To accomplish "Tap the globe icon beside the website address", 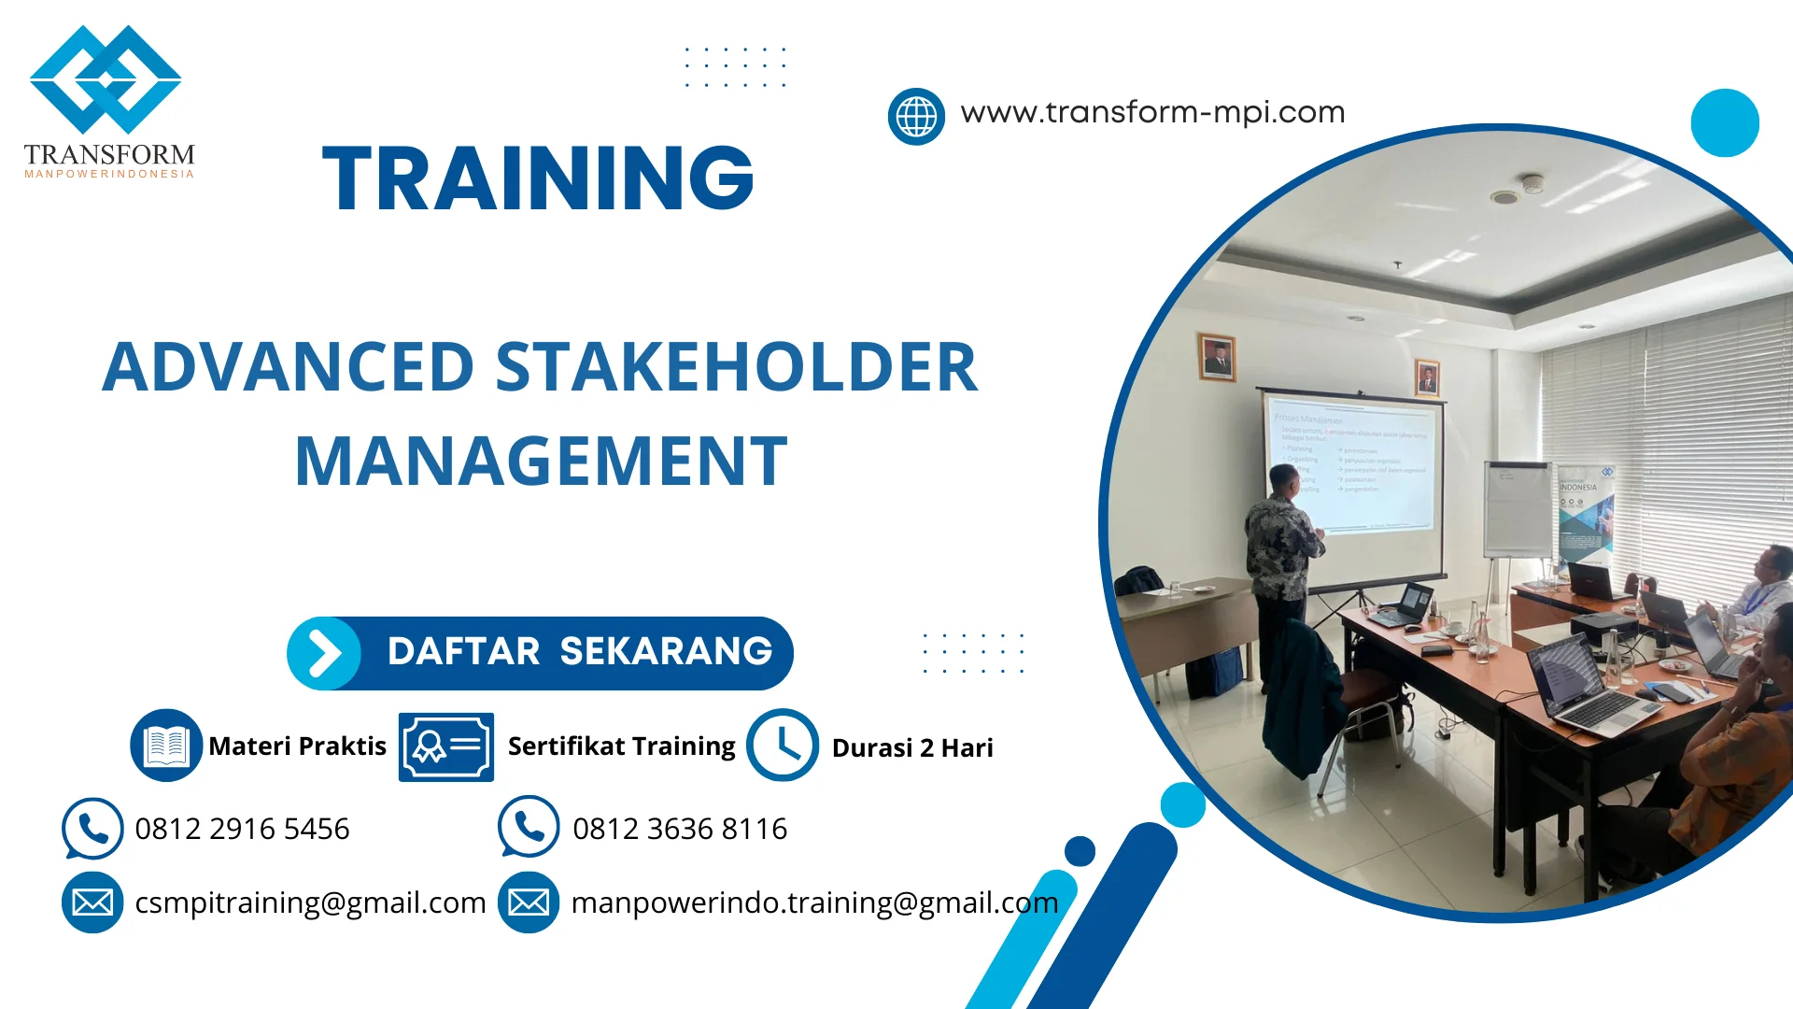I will click(x=916, y=117).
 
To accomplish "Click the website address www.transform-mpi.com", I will click(x=1152, y=112).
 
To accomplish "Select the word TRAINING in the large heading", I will click(x=538, y=178).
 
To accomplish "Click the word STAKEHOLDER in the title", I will click(x=736, y=367).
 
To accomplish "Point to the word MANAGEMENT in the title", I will click(x=542, y=462).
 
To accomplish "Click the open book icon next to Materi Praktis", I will click(x=166, y=746).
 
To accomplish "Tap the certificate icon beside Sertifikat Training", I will click(x=446, y=746).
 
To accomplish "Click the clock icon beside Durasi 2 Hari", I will click(x=783, y=746).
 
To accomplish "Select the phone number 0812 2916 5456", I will click(x=242, y=829).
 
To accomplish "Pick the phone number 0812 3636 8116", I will click(x=680, y=829).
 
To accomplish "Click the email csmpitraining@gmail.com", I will click(x=310, y=902).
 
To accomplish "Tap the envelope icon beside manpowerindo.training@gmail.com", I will click(x=529, y=902).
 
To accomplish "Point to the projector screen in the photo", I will click(x=1350, y=467).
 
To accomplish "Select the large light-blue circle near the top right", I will click(x=1725, y=122).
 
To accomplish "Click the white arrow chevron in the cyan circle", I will click(x=324, y=653).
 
